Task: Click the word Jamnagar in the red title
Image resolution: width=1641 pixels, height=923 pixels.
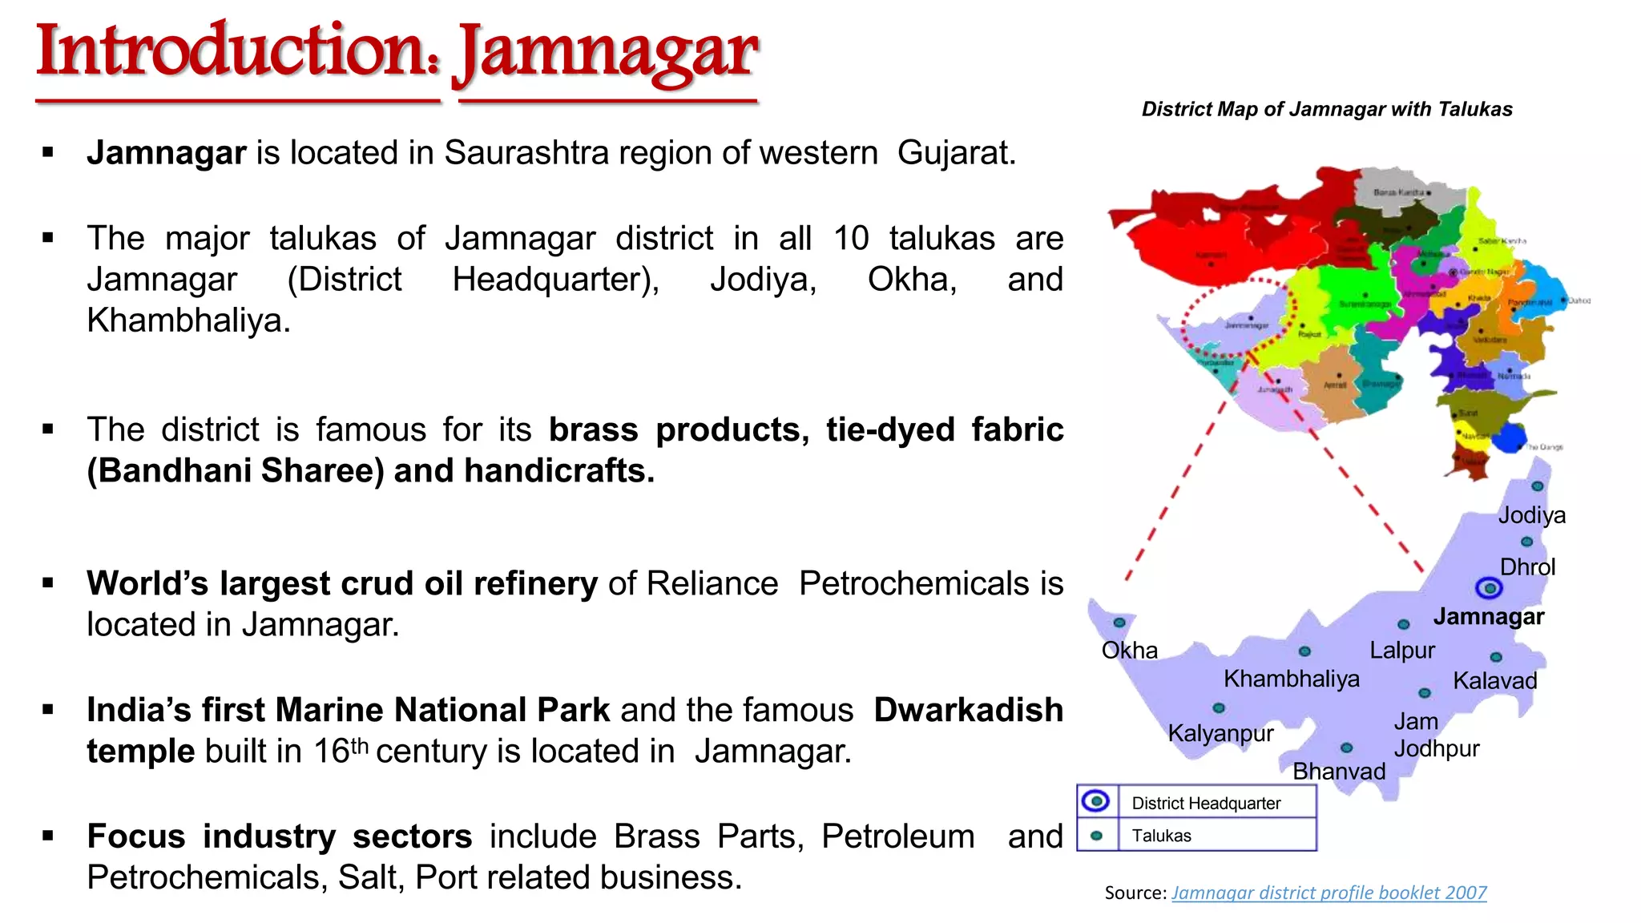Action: click(607, 53)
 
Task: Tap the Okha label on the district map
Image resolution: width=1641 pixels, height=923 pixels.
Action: click(1129, 650)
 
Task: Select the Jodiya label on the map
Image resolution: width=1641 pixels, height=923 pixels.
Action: click(1531, 515)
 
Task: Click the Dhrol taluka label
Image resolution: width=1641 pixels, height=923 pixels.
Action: click(1527, 567)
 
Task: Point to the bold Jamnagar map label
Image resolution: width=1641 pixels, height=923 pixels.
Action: click(1488, 616)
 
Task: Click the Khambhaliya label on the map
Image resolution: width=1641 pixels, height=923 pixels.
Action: click(1291, 679)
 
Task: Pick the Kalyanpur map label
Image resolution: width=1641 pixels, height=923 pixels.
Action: click(1220, 733)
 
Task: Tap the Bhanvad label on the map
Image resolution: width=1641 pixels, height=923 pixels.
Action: click(1339, 771)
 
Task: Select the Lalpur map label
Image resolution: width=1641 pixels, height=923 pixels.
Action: click(1401, 650)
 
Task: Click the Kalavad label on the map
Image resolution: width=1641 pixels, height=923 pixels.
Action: click(1494, 681)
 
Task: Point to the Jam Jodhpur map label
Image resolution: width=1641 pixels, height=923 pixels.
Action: click(1435, 735)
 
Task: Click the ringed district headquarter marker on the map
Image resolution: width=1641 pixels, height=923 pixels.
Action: click(1489, 588)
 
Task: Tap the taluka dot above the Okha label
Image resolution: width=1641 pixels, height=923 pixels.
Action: click(1119, 623)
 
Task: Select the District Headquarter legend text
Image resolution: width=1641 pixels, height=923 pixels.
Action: click(1205, 803)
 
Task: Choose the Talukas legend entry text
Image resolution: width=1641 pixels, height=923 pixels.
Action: click(1161, 836)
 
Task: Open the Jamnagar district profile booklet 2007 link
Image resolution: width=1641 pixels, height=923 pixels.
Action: click(1329, 893)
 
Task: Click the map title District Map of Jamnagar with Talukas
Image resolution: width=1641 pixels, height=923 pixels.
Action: click(1327, 109)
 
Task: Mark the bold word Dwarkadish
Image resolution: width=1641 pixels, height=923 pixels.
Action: click(968, 710)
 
